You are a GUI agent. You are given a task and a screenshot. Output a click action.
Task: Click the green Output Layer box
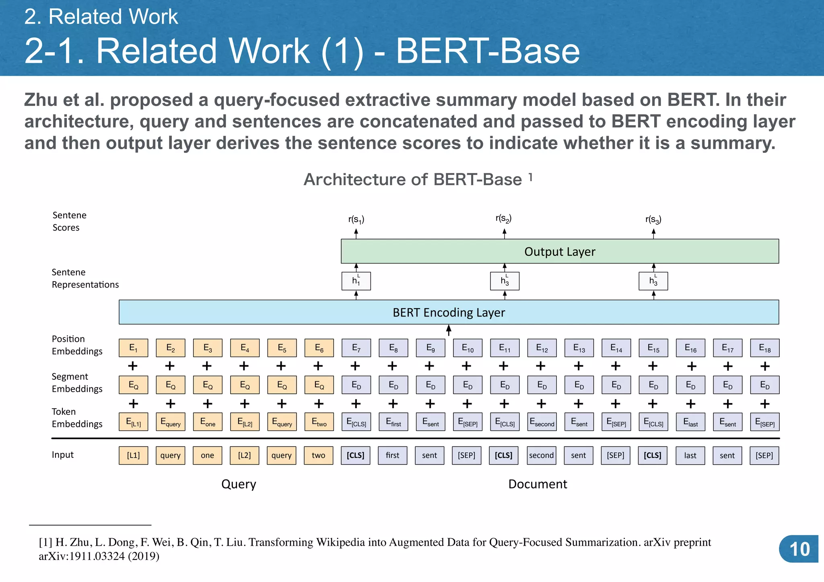pos(560,251)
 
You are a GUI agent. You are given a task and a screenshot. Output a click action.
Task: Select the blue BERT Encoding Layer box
pos(449,312)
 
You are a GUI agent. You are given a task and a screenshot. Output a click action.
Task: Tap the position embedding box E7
pos(356,348)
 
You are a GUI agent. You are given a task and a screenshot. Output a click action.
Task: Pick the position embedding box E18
pos(764,348)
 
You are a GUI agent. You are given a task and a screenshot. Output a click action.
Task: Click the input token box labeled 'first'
pos(393,455)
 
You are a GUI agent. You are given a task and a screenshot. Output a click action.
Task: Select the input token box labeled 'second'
pos(542,455)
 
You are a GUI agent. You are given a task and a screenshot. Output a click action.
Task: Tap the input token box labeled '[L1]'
pos(133,455)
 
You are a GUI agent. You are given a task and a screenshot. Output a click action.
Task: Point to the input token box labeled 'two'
pos(318,455)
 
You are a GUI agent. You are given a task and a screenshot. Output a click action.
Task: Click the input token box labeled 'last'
pos(690,455)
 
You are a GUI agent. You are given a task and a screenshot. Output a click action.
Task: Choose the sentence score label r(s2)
pos(503,219)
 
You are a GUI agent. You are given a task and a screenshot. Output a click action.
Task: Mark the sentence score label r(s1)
pos(356,220)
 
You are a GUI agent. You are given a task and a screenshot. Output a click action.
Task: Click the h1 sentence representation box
pos(356,281)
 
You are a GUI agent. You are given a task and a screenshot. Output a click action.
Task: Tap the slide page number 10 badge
pos(799,549)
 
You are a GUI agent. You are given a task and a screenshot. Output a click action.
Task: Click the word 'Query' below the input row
pos(239,484)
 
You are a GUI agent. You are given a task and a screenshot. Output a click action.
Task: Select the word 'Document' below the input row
pos(538,484)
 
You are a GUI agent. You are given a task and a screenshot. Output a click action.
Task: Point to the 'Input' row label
pos(63,455)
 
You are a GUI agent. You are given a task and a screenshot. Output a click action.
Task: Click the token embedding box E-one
pos(208,422)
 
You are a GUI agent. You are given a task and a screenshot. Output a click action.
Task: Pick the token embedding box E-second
pos(542,422)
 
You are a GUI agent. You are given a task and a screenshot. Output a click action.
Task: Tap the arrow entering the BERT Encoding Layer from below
pos(449,331)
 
